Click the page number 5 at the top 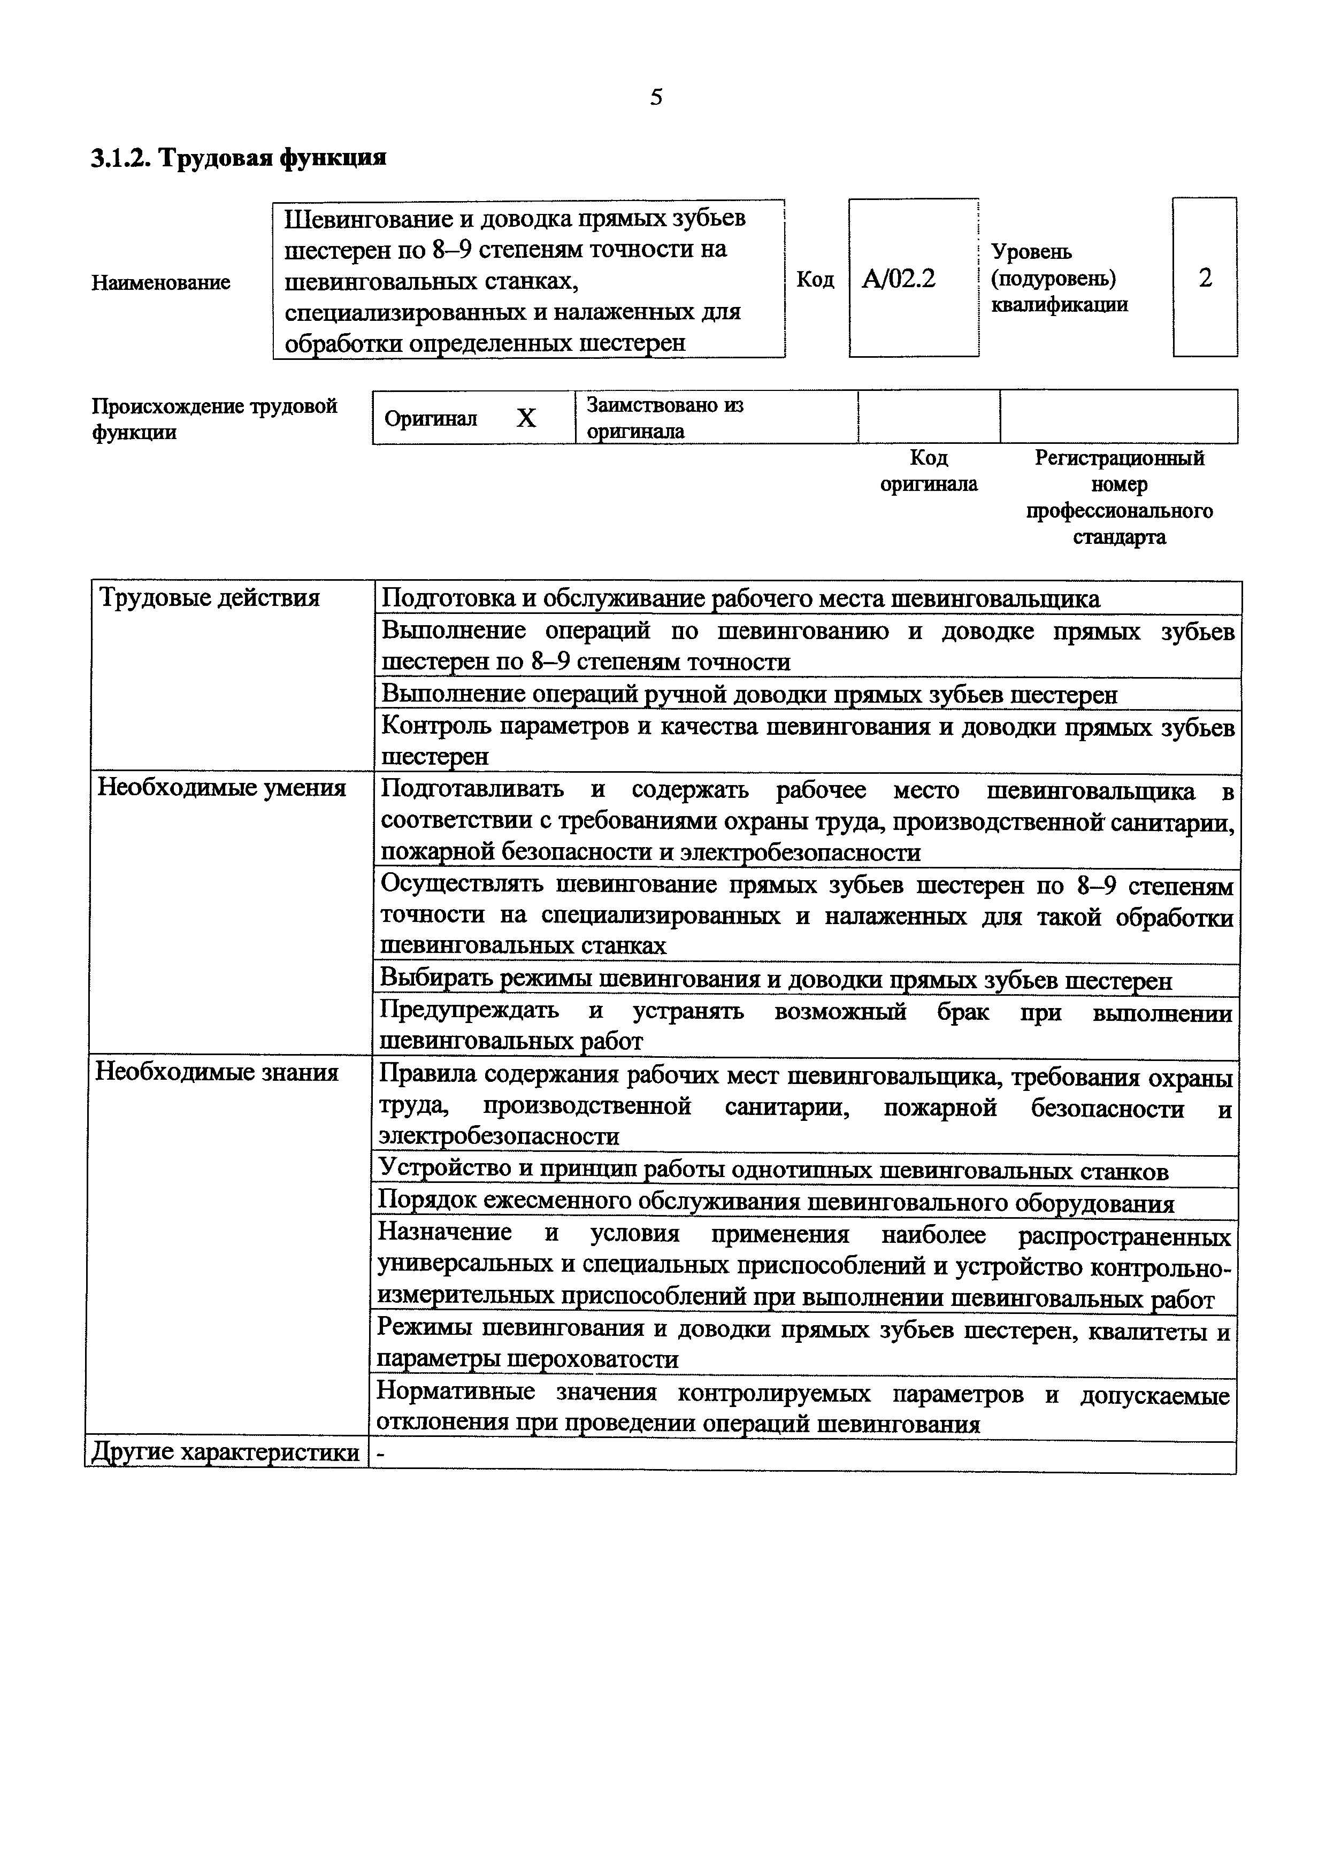tap(656, 98)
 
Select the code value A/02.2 tap(899, 280)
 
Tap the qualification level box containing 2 tap(1205, 278)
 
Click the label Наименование tap(161, 283)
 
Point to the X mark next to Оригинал tap(526, 418)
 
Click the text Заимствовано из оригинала tap(665, 418)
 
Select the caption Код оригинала tap(928, 471)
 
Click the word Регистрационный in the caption tap(1120, 458)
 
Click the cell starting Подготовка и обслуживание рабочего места tap(740, 599)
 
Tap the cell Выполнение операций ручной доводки tap(749, 695)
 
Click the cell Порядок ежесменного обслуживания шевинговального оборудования tap(776, 1203)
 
